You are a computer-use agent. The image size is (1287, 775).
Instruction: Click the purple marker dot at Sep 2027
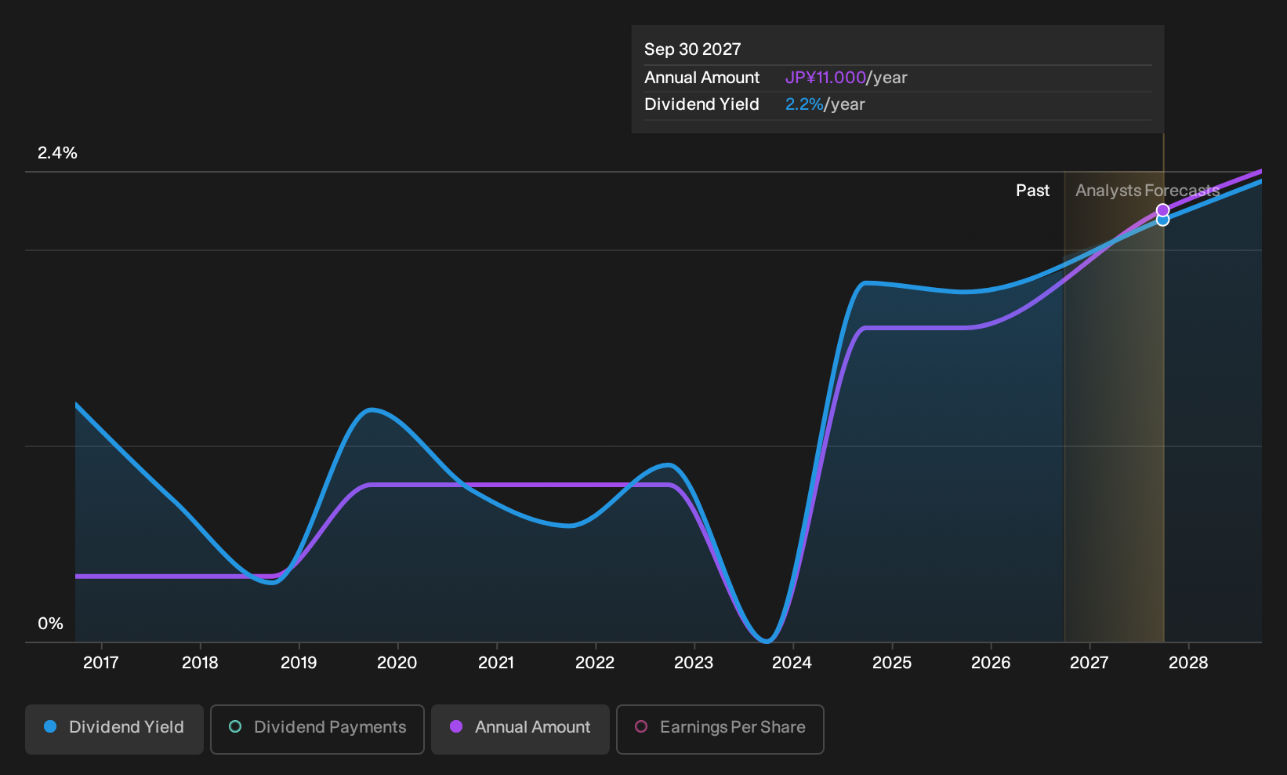point(1162,210)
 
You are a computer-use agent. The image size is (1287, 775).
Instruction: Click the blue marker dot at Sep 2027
point(1162,220)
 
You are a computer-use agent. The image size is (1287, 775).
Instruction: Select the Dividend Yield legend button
point(114,729)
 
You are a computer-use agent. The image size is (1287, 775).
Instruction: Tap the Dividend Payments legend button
point(317,729)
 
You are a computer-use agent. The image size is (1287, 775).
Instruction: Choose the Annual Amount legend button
point(520,729)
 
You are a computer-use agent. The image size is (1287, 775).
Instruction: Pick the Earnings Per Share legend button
point(720,729)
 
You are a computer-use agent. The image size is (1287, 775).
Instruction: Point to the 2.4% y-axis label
point(57,153)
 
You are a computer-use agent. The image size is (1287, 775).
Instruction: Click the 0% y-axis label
point(51,624)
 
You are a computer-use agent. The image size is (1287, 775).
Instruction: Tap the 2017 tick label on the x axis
point(101,663)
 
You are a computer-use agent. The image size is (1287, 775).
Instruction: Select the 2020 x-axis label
point(397,663)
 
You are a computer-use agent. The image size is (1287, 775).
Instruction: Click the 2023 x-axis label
point(694,663)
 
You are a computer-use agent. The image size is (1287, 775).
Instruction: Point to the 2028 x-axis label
point(1188,663)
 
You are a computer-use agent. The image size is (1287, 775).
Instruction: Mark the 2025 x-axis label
point(892,663)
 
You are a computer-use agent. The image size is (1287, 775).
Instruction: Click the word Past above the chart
point(1032,191)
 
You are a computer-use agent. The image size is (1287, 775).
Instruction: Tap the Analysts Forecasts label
point(1147,191)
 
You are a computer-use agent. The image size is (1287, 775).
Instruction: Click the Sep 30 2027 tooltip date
point(692,49)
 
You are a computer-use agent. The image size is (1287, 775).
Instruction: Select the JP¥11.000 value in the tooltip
point(825,78)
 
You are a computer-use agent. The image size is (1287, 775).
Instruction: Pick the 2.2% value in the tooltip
point(804,104)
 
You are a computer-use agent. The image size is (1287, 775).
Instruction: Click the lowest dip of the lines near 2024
point(767,640)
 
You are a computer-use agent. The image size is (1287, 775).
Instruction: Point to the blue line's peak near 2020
point(372,410)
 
